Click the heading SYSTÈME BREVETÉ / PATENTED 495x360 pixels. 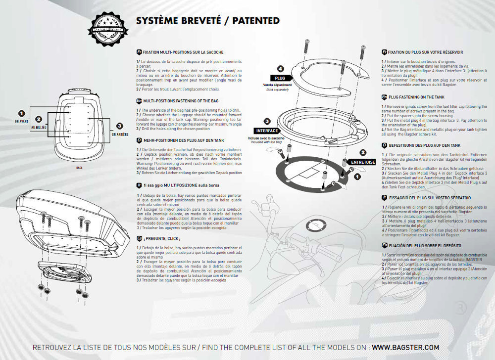[207, 21]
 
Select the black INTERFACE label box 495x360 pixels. [268, 131]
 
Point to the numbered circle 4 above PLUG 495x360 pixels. [280, 69]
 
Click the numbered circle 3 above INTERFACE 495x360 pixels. [267, 121]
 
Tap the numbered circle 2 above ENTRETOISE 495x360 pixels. [363, 152]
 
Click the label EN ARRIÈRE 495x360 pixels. [120, 134]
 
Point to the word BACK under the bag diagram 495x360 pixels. [80, 168]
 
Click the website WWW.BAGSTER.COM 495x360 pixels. [405, 347]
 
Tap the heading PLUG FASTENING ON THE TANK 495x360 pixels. [424, 97]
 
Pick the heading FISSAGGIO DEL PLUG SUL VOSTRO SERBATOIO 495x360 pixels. [429, 197]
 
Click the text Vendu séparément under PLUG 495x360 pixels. [277, 86]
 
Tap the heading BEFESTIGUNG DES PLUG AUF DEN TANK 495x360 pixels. [428, 145]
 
